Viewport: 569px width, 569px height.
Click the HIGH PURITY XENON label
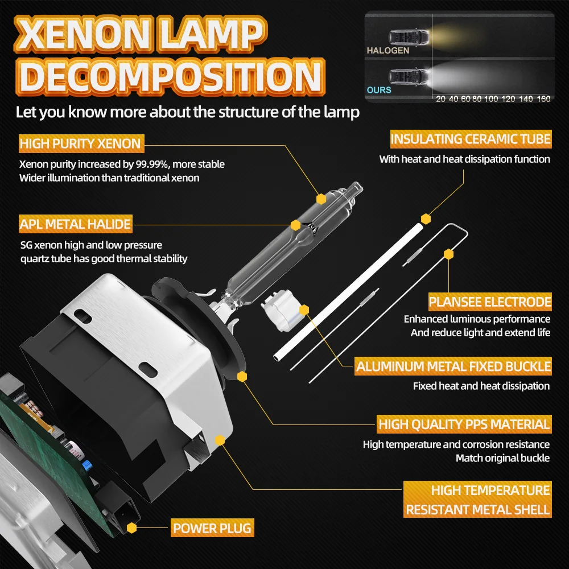pos(80,143)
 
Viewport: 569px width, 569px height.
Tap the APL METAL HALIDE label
pos(75,224)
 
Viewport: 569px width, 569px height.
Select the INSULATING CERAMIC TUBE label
pos(471,139)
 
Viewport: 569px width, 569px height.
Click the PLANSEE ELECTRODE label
pos(490,302)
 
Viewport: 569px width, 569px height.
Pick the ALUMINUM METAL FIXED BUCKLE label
pos(453,366)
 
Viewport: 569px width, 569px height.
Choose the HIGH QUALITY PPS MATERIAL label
pos(464,424)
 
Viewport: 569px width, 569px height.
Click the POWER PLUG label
pos(212,528)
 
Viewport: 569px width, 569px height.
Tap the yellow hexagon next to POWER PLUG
pos(132,528)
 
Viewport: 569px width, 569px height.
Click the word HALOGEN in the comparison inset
pos(387,51)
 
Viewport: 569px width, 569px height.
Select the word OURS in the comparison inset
pos(379,90)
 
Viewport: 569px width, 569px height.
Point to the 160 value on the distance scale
pos(543,99)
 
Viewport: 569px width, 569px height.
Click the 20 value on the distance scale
pos(440,99)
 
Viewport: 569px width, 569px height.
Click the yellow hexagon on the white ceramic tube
pos(426,218)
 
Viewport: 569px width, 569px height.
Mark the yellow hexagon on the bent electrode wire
pos(449,254)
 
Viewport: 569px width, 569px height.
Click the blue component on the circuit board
pos(86,464)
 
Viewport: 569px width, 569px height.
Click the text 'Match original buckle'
pos(502,458)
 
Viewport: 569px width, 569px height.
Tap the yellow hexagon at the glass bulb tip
pos(321,199)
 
